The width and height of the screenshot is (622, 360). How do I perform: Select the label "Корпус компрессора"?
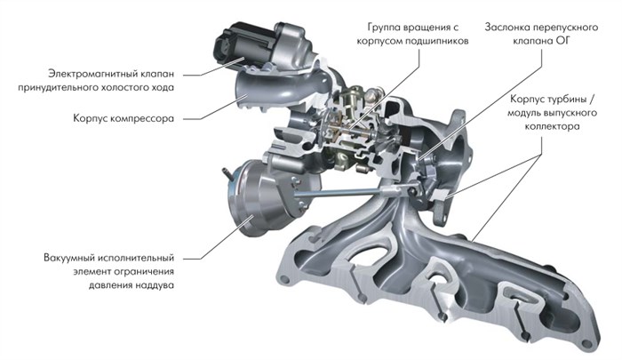(x=124, y=118)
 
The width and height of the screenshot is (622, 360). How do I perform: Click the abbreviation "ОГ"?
(x=563, y=41)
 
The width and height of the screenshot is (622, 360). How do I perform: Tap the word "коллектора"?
(x=552, y=127)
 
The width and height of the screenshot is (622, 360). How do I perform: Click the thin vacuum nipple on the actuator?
(x=227, y=173)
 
